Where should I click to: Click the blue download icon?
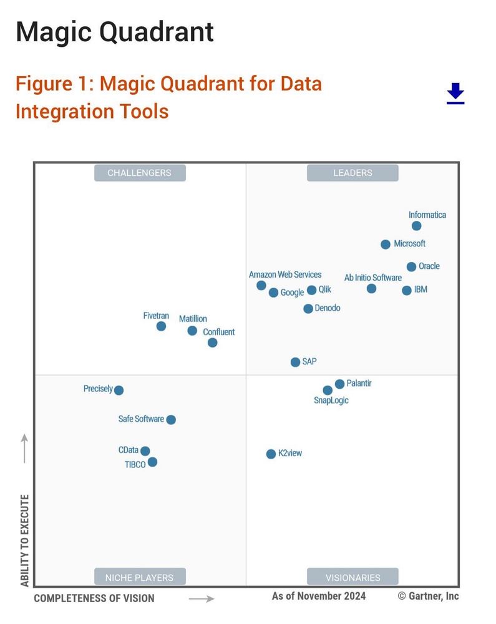click(455, 93)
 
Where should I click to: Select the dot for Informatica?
click(416, 226)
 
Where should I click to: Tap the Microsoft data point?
click(386, 245)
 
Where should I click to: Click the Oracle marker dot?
click(411, 267)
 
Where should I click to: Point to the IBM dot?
click(407, 290)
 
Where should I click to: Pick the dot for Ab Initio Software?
click(371, 288)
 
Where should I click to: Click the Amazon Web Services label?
click(285, 275)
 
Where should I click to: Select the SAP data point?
click(295, 362)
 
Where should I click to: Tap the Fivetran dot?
click(161, 326)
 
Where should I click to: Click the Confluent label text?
click(218, 332)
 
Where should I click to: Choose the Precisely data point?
click(119, 391)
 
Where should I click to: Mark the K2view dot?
click(271, 454)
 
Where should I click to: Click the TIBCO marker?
click(152, 462)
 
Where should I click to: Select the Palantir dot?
click(339, 384)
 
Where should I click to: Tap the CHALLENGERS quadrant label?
click(139, 173)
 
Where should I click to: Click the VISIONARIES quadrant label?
click(353, 577)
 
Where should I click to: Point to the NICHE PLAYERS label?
click(139, 577)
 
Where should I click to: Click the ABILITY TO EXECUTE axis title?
click(25, 540)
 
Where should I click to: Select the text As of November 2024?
click(319, 596)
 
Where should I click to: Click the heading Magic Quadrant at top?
click(114, 32)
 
